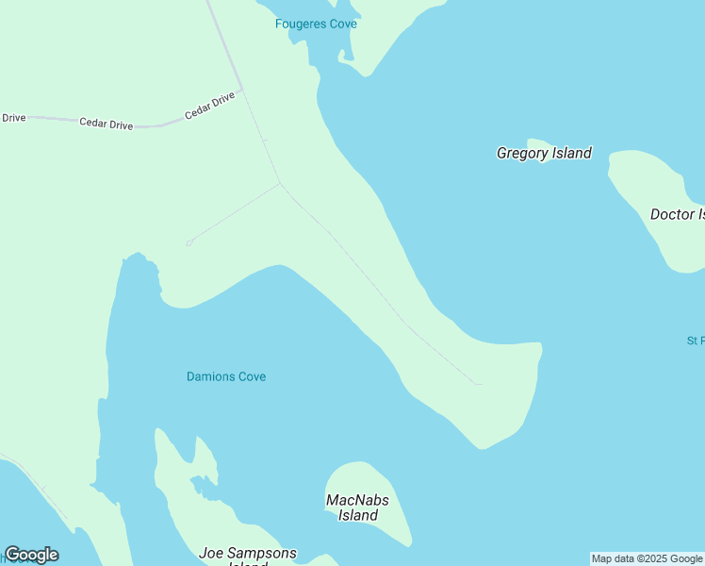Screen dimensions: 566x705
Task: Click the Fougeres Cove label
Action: click(x=316, y=24)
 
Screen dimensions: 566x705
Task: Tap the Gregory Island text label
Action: click(x=544, y=153)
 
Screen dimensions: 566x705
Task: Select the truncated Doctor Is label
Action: click(x=678, y=214)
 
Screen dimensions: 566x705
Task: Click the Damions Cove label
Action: click(x=226, y=376)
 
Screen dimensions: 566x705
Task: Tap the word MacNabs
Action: click(x=357, y=500)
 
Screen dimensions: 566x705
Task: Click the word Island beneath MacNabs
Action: click(x=358, y=515)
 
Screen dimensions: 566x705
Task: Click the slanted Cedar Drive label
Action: click(x=209, y=105)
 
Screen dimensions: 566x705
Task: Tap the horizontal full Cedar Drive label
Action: click(x=106, y=124)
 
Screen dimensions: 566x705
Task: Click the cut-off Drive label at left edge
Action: click(x=13, y=118)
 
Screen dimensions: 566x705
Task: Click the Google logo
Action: click(x=31, y=555)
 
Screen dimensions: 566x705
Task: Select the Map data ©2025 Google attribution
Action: click(x=647, y=558)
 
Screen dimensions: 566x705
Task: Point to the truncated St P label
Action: click(x=696, y=341)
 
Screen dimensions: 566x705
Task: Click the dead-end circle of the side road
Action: click(x=189, y=242)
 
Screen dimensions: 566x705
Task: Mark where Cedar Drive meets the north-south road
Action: click(x=242, y=91)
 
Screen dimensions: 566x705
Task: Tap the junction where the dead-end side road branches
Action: click(x=280, y=183)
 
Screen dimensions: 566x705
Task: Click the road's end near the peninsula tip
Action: click(x=479, y=384)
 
